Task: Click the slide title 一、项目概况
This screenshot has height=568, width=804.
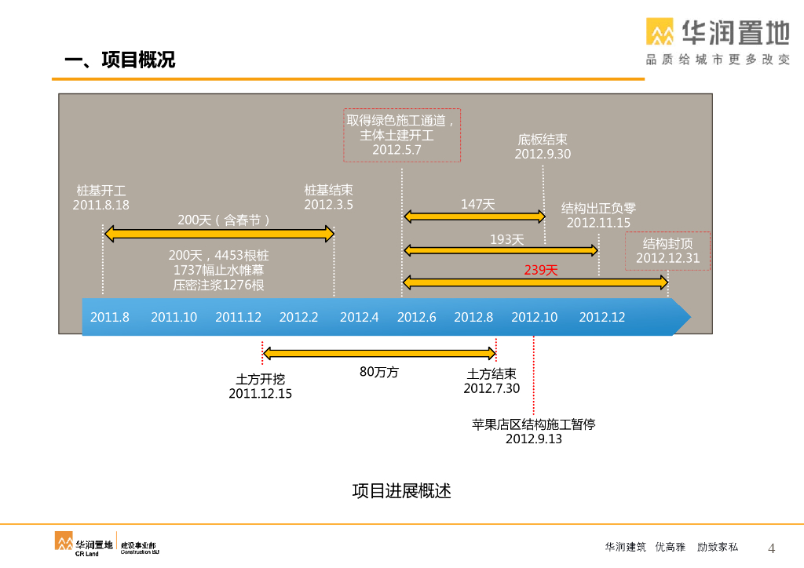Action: tap(119, 60)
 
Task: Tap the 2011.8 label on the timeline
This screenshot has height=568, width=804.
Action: tap(110, 318)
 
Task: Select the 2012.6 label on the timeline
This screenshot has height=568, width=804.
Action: tap(416, 318)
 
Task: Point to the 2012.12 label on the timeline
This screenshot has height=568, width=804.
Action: tap(602, 318)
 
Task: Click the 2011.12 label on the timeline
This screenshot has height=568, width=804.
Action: tap(238, 318)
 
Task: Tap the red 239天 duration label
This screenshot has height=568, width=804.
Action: tap(541, 270)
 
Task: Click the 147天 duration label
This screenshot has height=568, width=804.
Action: tap(477, 205)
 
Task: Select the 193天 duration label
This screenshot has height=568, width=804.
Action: tap(506, 239)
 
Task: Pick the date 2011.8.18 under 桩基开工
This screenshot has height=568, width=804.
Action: tap(101, 205)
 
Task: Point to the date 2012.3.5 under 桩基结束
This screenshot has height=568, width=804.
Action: tap(328, 205)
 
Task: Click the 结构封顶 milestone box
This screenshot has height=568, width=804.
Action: tap(667, 250)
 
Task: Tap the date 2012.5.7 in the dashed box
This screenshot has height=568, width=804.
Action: tap(397, 150)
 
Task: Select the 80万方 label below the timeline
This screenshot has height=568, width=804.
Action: tap(379, 372)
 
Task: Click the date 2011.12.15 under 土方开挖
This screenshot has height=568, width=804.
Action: tap(260, 394)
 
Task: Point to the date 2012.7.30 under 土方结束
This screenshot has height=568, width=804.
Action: tap(492, 388)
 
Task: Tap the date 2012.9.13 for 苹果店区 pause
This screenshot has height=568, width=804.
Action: tap(534, 439)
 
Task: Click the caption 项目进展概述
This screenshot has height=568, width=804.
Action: tap(401, 491)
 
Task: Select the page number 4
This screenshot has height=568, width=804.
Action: tap(770, 548)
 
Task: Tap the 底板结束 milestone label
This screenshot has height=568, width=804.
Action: tap(543, 140)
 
